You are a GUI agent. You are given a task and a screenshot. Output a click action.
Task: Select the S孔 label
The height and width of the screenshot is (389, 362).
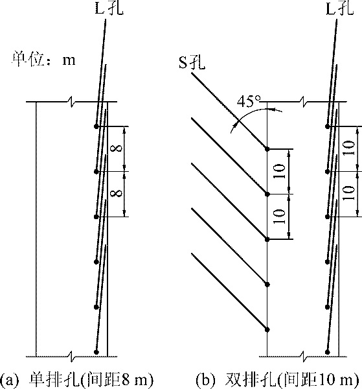pos(192,62)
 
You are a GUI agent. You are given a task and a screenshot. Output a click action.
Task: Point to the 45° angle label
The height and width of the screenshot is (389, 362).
pos(249,102)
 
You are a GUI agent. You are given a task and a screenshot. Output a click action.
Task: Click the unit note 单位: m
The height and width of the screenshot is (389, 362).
pos(43,60)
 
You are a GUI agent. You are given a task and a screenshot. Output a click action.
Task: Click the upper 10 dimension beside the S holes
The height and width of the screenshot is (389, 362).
pos(280,171)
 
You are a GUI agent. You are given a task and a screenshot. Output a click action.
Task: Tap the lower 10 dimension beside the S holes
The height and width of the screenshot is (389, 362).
pos(280,217)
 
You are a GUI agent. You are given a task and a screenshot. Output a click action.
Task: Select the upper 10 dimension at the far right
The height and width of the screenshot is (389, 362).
pos(349,148)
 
